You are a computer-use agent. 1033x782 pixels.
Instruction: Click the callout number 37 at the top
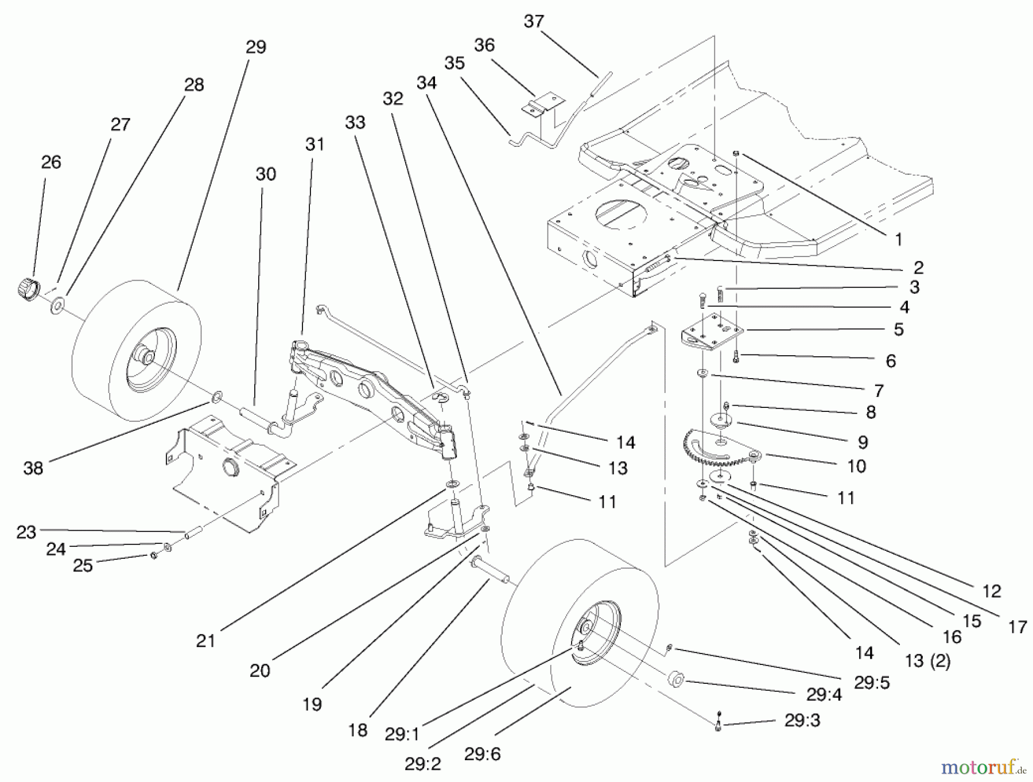point(533,22)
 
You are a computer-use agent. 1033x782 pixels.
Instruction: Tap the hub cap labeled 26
point(26,286)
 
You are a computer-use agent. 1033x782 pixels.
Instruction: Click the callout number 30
point(266,174)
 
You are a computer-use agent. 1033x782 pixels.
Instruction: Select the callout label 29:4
point(823,694)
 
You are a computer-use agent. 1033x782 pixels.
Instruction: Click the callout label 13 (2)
point(927,662)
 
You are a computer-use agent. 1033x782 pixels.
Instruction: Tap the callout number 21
point(205,640)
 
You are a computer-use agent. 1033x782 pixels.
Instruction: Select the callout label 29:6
point(482,754)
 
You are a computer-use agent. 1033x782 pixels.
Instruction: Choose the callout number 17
point(1017,627)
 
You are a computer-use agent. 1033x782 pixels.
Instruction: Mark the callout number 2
point(918,267)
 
